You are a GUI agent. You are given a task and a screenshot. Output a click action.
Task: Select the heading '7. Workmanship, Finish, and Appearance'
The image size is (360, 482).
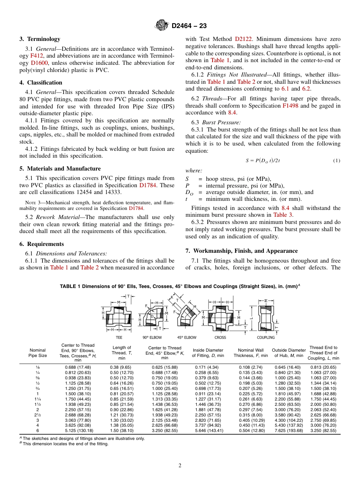pos(241,251)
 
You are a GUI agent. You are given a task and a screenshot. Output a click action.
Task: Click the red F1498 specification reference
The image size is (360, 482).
pos(290,106)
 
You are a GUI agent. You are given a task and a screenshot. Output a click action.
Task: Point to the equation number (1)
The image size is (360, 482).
pos(337,161)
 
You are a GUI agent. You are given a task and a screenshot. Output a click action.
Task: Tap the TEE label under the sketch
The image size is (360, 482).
pos(119,337)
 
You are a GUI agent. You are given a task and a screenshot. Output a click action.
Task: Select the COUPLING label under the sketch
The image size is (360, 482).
pos(266,337)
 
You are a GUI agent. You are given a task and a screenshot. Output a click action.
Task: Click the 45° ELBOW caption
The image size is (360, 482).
pos(186,337)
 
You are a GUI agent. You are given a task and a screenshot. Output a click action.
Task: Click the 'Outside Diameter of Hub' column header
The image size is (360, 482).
pos(288,353)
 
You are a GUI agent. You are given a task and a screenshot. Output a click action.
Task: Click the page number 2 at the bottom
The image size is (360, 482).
pos(180,466)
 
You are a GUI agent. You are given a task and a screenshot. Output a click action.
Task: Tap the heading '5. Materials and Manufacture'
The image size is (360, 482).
pos(60,169)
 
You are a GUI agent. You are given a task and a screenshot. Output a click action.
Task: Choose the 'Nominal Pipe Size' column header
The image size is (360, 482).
pos(38,353)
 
